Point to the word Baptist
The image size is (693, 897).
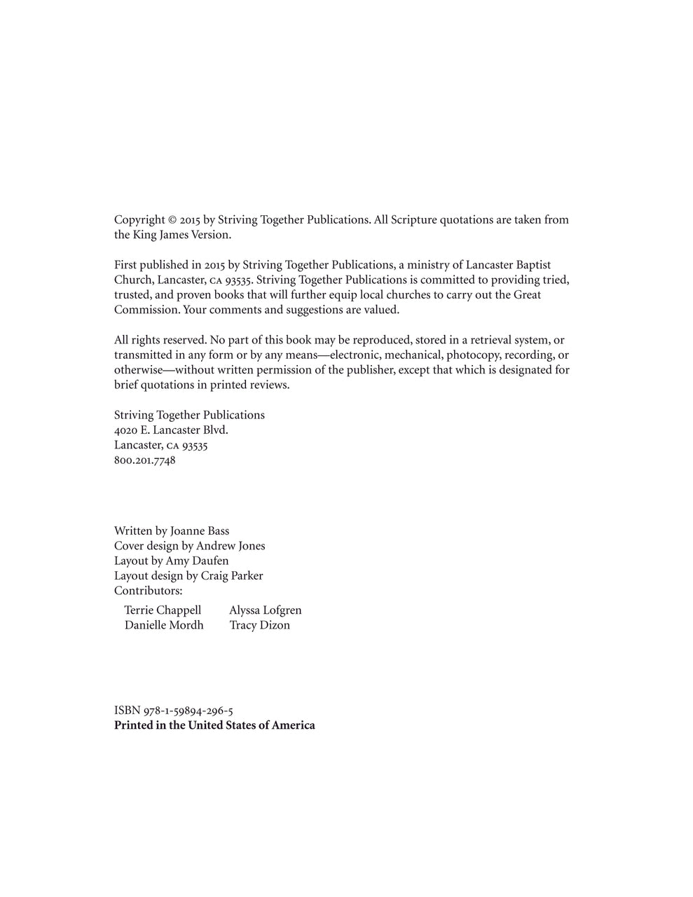(x=533, y=265)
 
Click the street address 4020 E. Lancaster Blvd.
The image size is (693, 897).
(x=171, y=430)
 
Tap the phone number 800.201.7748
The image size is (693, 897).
(x=145, y=460)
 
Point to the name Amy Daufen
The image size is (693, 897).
(x=197, y=561)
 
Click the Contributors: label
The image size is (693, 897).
(x=148, y=591)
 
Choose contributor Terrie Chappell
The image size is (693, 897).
(x=163, y=610)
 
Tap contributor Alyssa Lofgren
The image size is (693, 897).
(x=266, y=610)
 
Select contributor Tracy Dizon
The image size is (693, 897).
(x=260, y=625)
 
